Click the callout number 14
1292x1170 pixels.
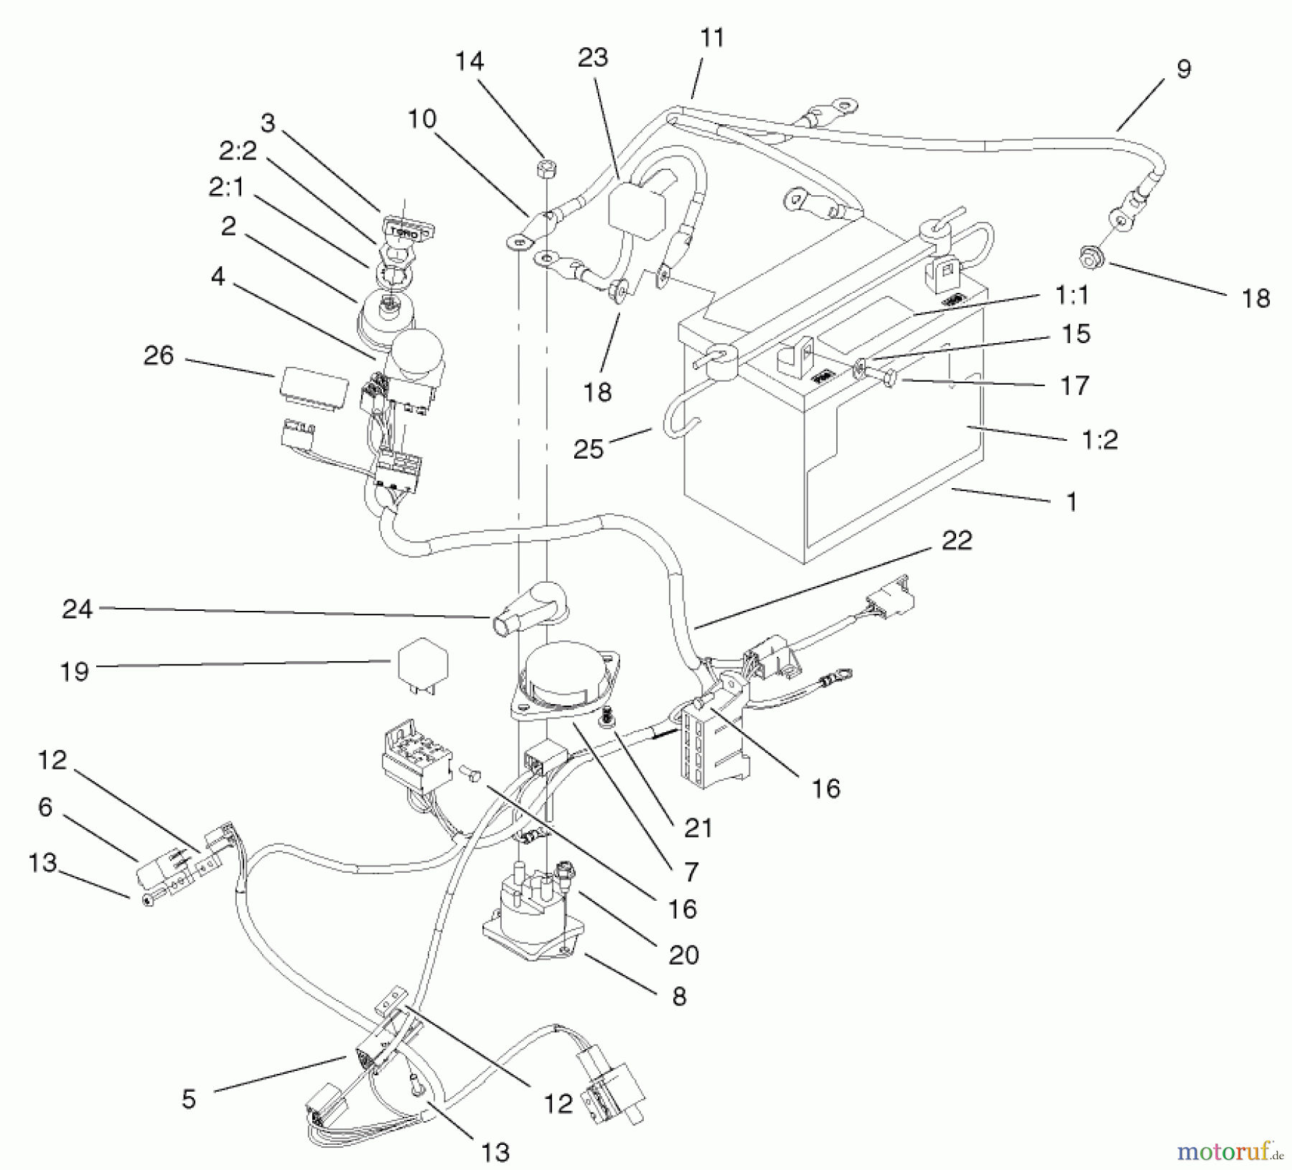pos(469,61)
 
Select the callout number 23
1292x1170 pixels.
pos(593,57)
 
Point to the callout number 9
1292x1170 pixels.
pos(1184,69)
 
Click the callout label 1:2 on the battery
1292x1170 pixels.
pos(1099,439)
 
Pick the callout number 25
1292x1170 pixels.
pos(589,449)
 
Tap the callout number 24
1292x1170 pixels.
pos(78,609)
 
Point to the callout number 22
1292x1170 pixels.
pos(956,540)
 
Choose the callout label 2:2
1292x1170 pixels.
pos(238,151)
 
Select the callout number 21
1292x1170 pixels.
pos(698,828)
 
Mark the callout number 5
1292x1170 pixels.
pos(189,1099)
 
